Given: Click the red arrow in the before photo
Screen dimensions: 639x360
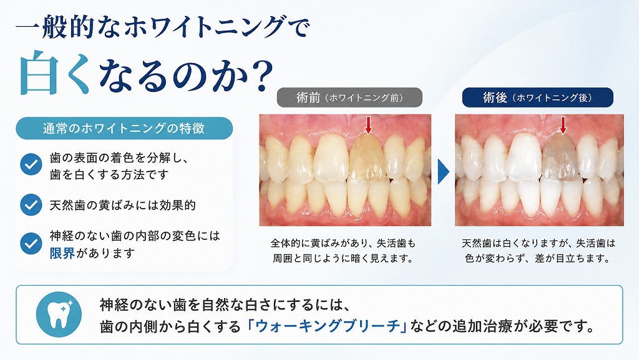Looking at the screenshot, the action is point(368,125).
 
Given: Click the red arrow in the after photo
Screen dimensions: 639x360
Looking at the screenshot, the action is point(563,125).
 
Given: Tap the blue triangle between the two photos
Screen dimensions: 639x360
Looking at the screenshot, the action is point(444,172).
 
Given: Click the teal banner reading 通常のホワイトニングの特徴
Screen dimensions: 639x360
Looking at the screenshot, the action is point(124,128).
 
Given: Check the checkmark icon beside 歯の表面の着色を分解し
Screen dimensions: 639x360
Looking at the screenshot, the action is point(31,164).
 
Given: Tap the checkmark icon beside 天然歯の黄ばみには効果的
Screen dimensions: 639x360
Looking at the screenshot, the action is point(31,204).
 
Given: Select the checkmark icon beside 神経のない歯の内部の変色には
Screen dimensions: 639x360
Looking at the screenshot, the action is point(31,243).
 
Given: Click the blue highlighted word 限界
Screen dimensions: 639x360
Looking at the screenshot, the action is point(62,253).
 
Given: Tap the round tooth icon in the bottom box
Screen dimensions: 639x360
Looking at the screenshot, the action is point(59,314).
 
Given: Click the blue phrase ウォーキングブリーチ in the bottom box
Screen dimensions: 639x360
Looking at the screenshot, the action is point(328,326).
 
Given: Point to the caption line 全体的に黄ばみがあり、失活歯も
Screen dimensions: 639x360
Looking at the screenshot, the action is point(343,243).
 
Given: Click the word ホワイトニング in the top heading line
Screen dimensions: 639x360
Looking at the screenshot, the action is point(203,27).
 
